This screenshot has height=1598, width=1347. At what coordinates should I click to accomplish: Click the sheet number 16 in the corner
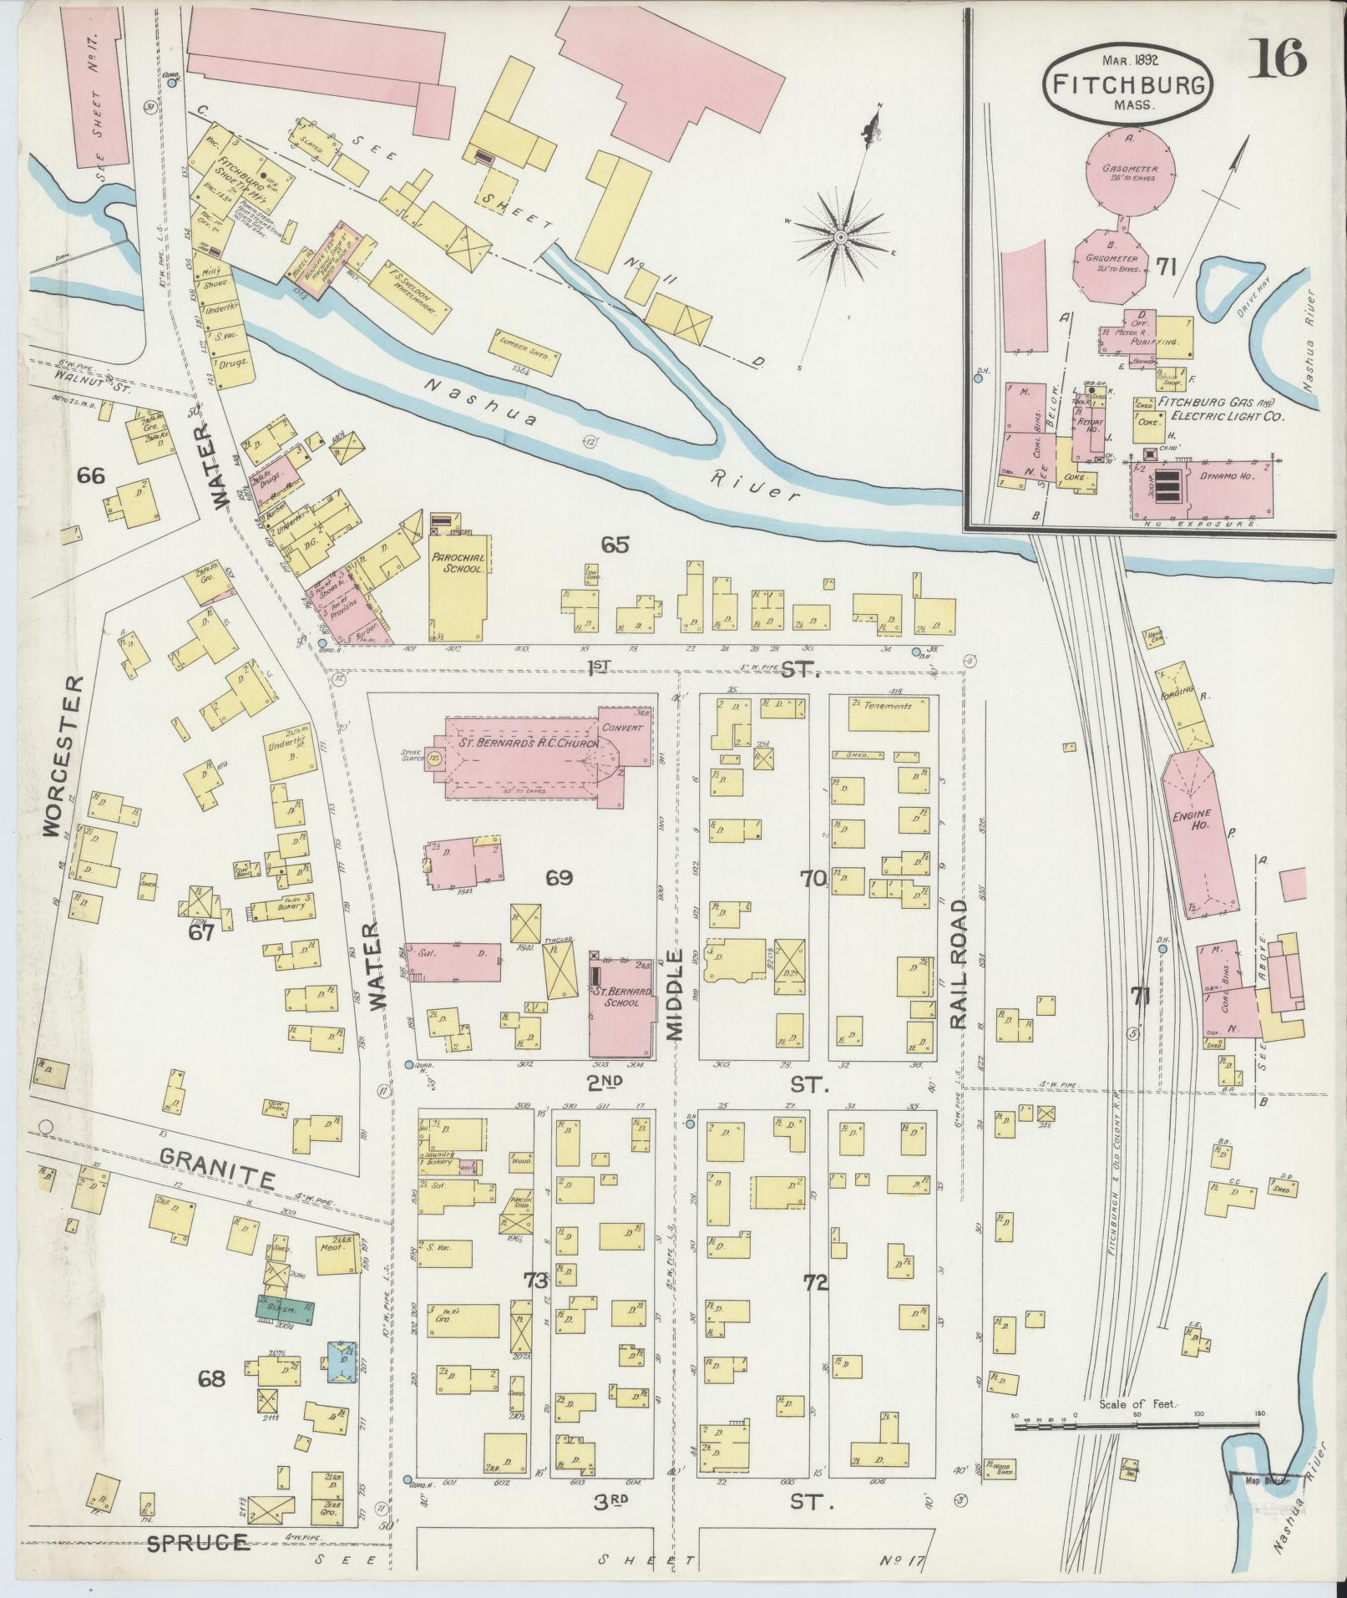tap(1278, 59)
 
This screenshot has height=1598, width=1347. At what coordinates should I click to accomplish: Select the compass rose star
tap(839, 238)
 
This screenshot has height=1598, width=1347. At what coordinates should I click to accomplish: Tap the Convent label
tap(622, 728)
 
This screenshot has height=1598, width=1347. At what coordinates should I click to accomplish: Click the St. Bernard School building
tap(621, 1007)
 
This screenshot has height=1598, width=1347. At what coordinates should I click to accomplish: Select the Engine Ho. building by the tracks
tap(1198, 835)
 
